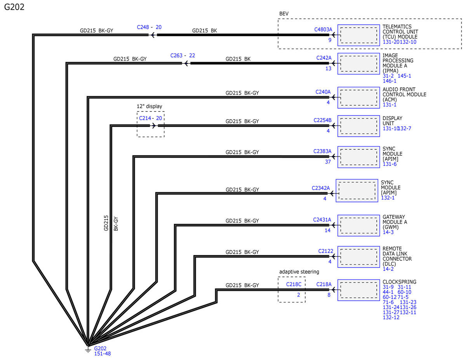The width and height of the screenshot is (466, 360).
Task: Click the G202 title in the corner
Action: pyautogui.click(x=14, y=7)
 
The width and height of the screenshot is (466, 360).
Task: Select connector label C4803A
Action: pyautogui.click(x=323, y=30)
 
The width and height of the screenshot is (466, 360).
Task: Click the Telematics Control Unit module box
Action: pyautogui.click(x=358, y=35)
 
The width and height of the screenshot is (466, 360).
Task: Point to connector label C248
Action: pyautogui.click(x=143, y=27)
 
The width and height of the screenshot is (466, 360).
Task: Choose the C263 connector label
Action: pyautogui.click(x=176, y=56)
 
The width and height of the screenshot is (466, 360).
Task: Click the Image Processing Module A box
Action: pyautogui.click(x=358, y=64)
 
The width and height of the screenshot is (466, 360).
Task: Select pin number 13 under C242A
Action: pyautogui.click(x=328, y=69)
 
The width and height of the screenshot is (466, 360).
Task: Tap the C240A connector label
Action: pyautogui.click(x=323, y=92)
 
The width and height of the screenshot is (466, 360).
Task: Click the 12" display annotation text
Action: pyautogui.click(x=150, y=106)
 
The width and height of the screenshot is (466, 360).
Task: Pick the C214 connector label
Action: pyautogui.click(x=145, y=118)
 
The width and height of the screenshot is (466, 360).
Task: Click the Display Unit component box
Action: pyautogui.click(x=358, y=126)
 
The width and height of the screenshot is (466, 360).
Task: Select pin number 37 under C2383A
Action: pyautogui.click(x=328, y=162)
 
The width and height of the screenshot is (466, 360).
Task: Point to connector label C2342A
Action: pyautogui.click(x=321, y=188)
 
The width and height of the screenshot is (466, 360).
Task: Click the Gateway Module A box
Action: pyautogui.click(x=358, y=226)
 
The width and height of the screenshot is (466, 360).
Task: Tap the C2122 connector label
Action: pyautogui.click(x=325, y=251)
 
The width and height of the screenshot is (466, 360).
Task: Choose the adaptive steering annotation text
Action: pyautogui.click(x=299, y=272)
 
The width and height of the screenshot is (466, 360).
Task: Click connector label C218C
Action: pyautogui.click(x=294, y=284)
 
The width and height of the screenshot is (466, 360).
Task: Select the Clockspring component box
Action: pyautogui.click(x=358, y=290)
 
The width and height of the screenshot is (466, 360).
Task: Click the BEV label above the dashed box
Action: pyautogui.click(x=284, y=14)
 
